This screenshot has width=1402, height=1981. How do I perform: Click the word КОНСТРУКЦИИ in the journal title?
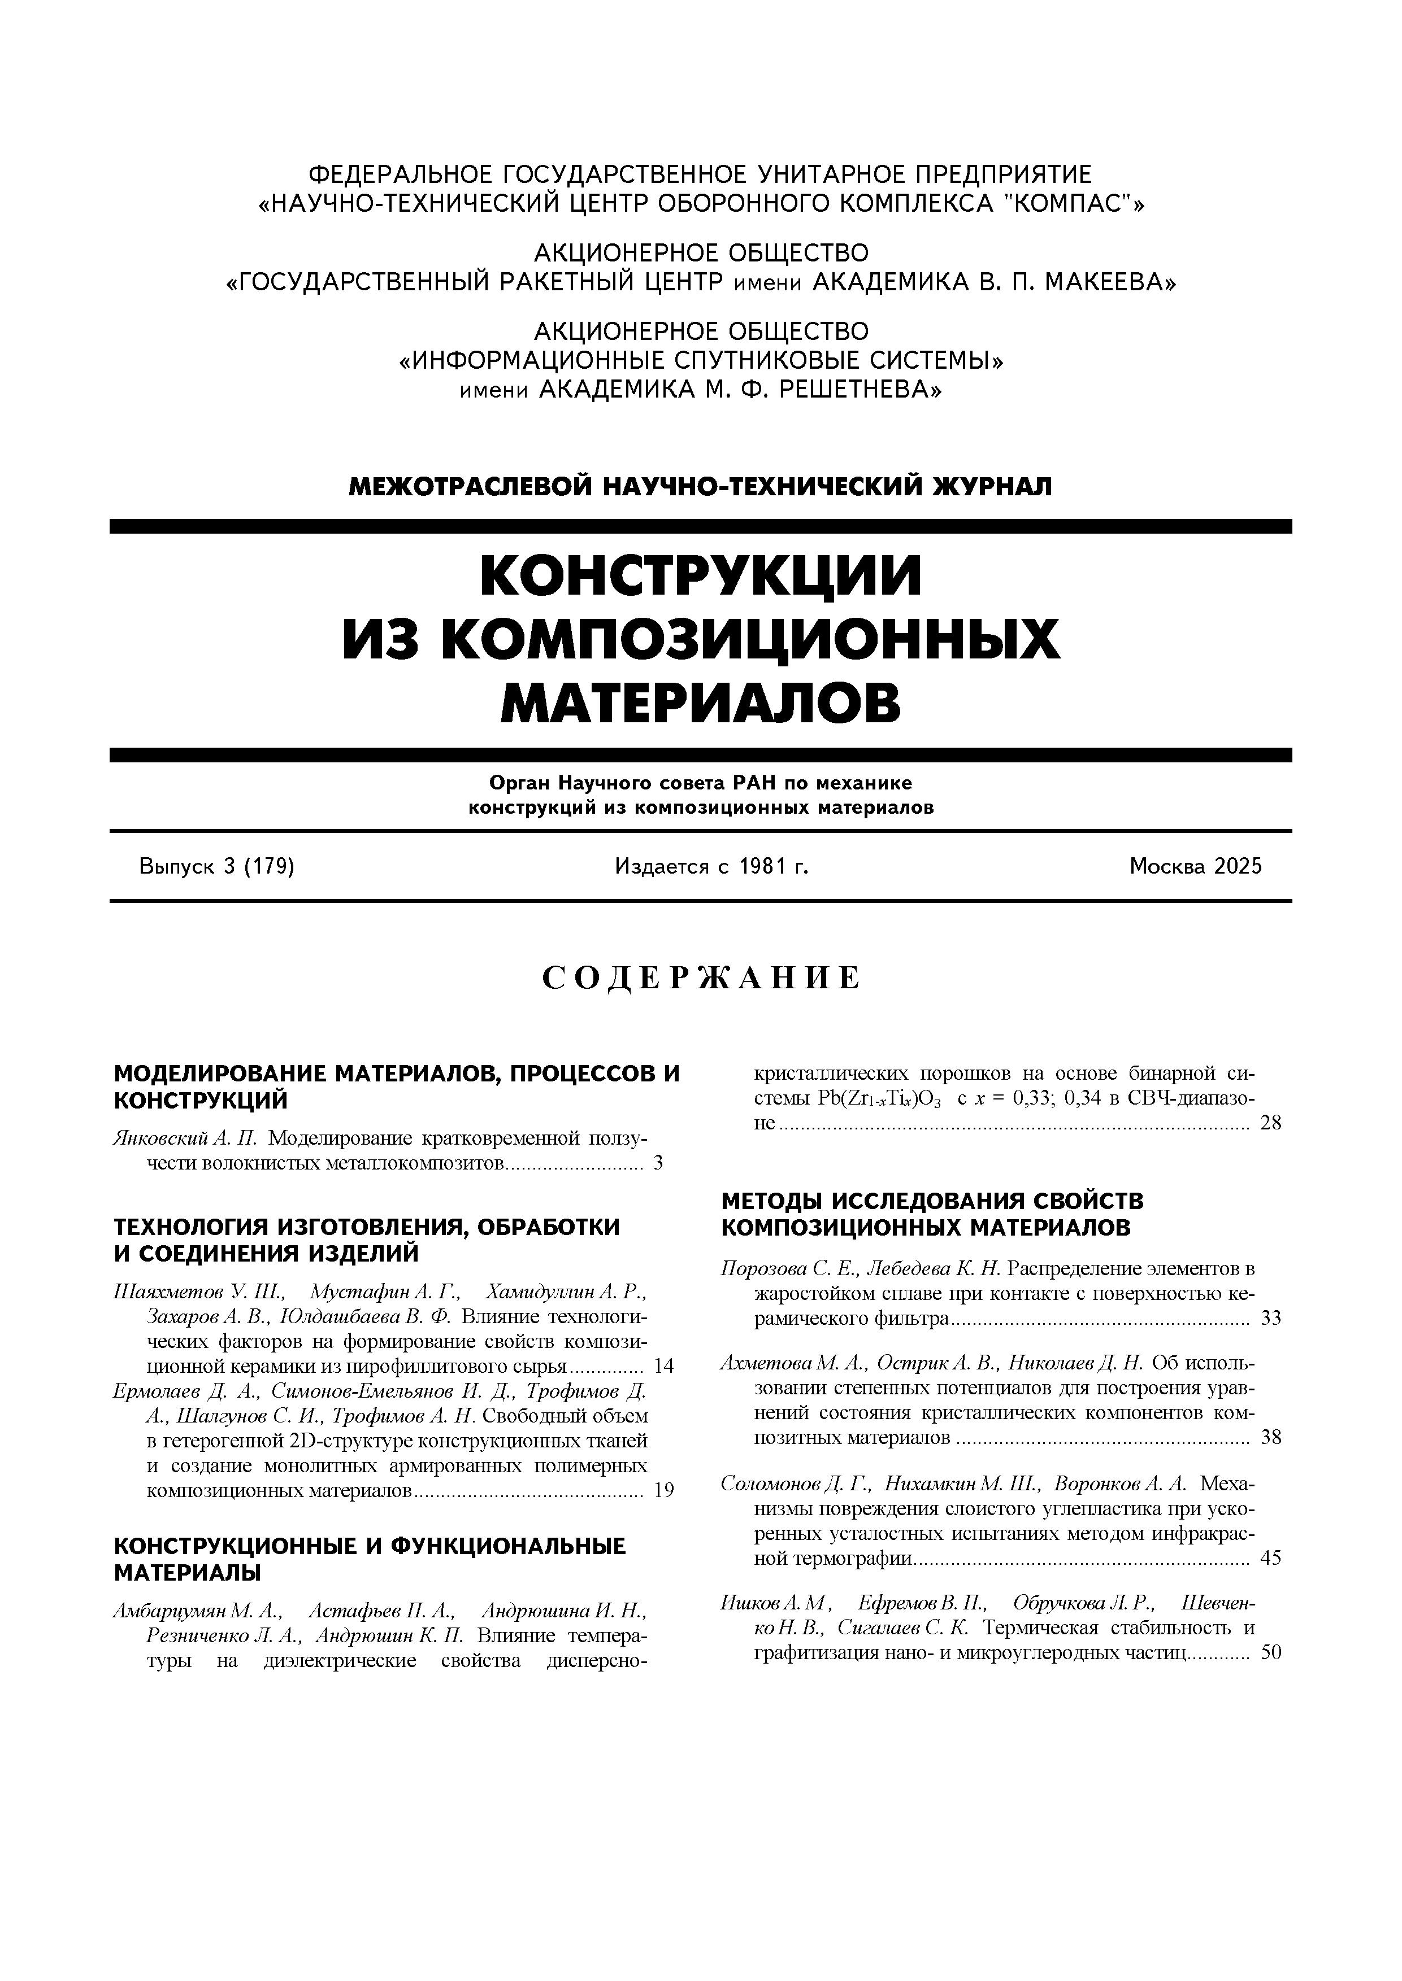(x=701, y=575)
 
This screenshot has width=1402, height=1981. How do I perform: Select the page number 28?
(x=1271, y=1123)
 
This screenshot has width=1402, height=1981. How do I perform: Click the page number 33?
(x=1271, y=1319)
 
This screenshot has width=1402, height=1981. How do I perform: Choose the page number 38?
(x=1271, y=1437)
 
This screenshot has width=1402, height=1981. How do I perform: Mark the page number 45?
(x=1271, y=1558)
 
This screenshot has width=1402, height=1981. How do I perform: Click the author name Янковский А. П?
(x=185, y=1138)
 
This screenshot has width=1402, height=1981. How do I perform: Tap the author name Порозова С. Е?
(x=789, y=1269)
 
